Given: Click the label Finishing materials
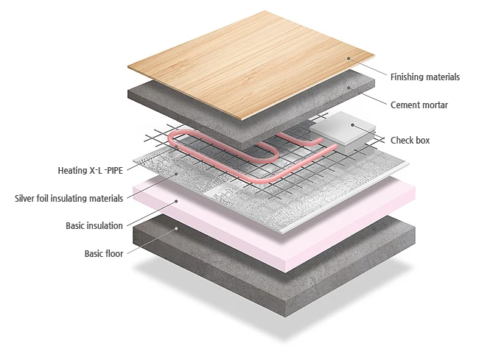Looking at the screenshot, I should [424, 77].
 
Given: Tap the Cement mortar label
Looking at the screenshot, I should [419, 105].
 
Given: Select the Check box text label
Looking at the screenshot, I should [410, 141].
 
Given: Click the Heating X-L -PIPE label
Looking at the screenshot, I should [91, 171].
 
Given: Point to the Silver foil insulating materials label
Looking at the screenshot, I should [69, 198].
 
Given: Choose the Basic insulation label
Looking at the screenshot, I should [94, 225].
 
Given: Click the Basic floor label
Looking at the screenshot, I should [103, 254].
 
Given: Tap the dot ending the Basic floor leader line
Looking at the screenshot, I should [176, 228].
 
